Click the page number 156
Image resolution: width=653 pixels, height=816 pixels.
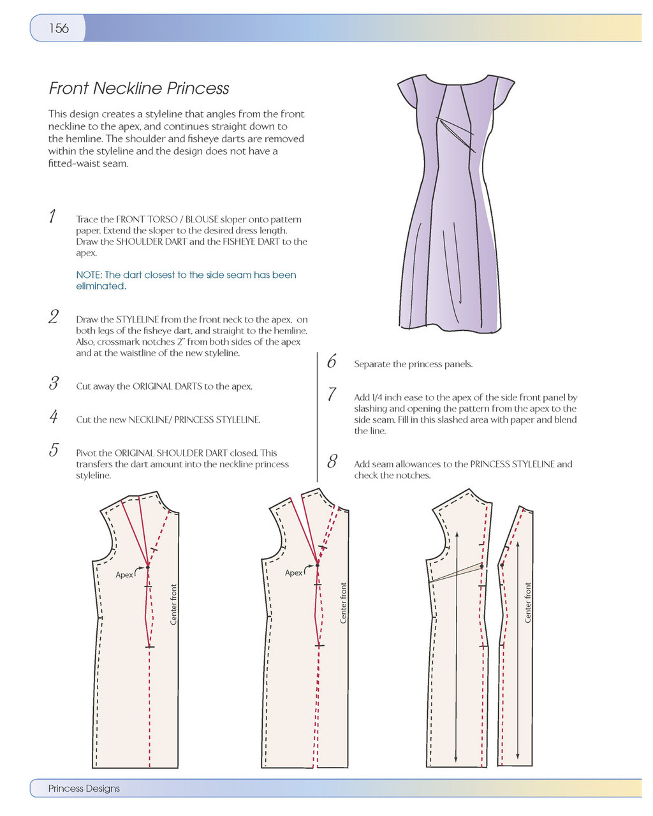point(59,28)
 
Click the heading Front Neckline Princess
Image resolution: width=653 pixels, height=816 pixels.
point(139,89)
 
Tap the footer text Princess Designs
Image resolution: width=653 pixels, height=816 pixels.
point(84,789)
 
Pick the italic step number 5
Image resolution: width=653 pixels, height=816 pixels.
point(54,450)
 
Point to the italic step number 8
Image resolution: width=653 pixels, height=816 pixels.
point(332,462)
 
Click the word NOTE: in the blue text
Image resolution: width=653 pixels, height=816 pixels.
point(89,275)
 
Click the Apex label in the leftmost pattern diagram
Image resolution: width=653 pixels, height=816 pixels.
point(124,575)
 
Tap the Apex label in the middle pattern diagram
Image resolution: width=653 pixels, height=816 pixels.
point(293,573)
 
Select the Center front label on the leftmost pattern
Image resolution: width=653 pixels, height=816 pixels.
point(173,604)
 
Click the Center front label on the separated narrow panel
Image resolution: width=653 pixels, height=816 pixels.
point(528,602)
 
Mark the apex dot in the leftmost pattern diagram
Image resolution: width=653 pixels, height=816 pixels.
point(147,567)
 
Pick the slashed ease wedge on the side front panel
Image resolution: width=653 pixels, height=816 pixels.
point(456,573)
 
